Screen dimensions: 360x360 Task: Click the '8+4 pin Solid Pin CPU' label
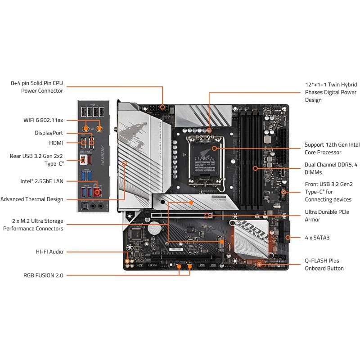(37, 83)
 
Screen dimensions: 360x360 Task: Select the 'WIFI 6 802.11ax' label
(43, 120)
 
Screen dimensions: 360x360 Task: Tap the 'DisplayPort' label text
(49, 133)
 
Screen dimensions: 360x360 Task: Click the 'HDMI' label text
(56, 143)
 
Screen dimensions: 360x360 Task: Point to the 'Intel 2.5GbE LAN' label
(41, 182)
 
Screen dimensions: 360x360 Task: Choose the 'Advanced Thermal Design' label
(32, 199)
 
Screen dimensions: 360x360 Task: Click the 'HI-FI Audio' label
(49, 252)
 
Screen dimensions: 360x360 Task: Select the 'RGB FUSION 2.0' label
(43, 274)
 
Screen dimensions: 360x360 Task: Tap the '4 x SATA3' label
(317, 237)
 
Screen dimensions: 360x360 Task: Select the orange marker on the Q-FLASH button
(259, 264)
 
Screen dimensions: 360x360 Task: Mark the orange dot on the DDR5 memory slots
(256, 168)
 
